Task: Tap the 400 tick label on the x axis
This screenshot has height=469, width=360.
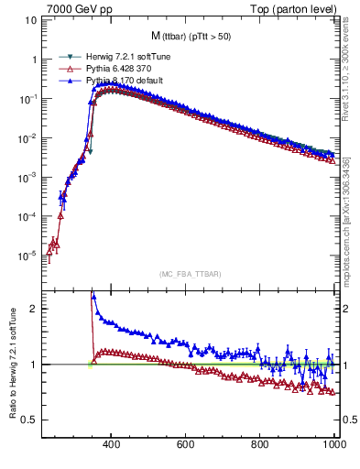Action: (x=111, y=444)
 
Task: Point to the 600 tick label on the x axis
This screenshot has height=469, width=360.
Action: (x=186, y=444)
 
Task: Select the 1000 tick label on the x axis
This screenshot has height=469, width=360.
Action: (x=333, y=444)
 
